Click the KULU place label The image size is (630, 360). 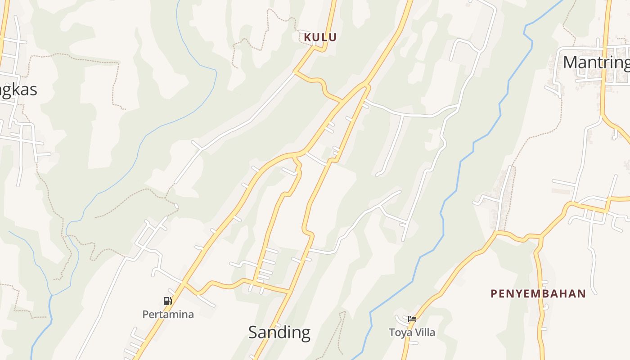point(320,37)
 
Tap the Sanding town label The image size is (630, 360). point(279,333)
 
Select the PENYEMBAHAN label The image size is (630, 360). point(538,294)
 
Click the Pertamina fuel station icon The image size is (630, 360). point(167,301)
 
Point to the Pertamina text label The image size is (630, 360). point(168,315)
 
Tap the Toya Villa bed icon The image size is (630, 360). point(412,319)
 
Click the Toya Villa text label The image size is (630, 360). point(412,333)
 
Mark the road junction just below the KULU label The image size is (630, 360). point(295,72)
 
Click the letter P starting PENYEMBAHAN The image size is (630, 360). point(494,294)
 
